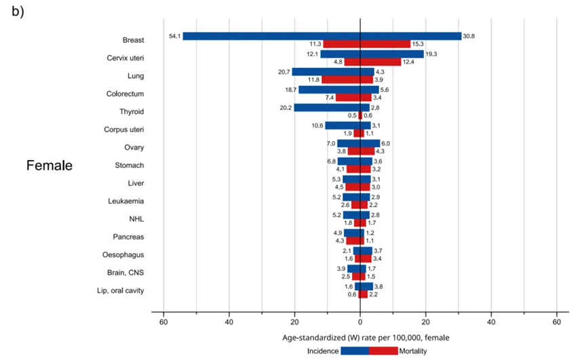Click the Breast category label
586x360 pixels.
(x=133, y=40)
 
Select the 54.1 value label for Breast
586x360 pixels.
(x=174, y=36)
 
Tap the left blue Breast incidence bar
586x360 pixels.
(x=271, y=36)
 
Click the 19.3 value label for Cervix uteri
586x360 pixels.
(x=431, y=54)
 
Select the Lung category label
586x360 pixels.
(x=136, y=76)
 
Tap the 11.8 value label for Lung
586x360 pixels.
(x=313, y=80)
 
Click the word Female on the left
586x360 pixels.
(x=50, y=165)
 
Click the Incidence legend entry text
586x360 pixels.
(x=324, y=351)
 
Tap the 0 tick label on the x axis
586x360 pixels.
(x=360, y=321)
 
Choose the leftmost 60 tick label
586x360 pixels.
(x=163, y=321)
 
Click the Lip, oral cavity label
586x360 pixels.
(x=119, y=291)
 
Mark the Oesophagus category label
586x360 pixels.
(x=124, y=255)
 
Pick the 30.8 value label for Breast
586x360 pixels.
(x=469, y=36)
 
